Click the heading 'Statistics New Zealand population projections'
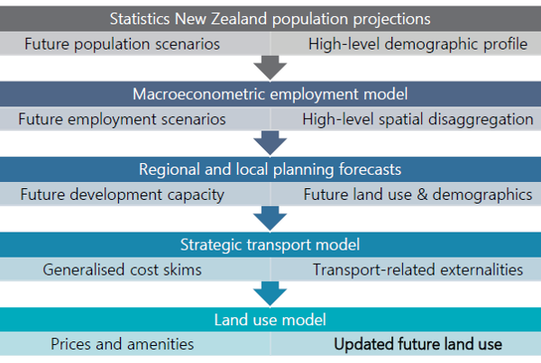coord(270,19)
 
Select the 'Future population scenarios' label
coord(122,44)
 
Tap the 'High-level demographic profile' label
coord(417,44)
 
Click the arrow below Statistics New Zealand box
coord(270,68)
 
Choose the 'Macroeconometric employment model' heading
coord(270,94)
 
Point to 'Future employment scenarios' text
coord(122,119)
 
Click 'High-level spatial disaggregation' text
coord(417,119)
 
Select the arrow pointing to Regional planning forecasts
coord(270,143)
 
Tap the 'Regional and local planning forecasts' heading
coord(270,169)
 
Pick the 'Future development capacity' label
coord(122,195)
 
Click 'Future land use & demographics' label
coord(417,195)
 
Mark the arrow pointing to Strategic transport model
coord(270,219)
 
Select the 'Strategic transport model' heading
coord(270,245)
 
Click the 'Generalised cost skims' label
coord(122,269)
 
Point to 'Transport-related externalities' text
coord(417,269)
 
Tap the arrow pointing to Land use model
coord(270,294)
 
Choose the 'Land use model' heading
coord(270,320)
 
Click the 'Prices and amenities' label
coord(122,344)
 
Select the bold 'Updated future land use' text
coord(417,344)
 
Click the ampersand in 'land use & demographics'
coord(422,195)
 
